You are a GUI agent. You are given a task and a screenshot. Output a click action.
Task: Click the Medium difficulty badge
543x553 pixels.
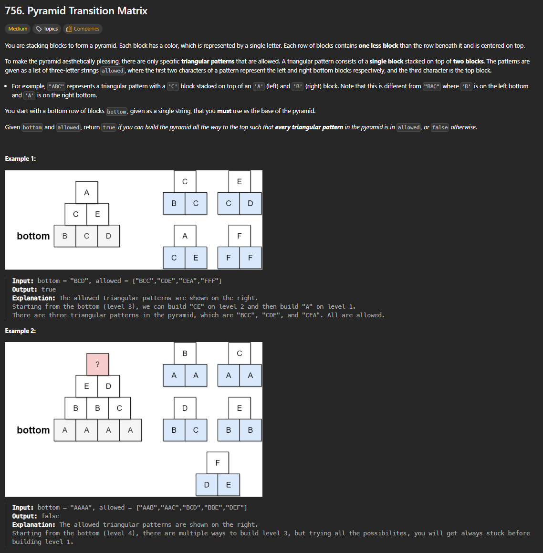(18, 29)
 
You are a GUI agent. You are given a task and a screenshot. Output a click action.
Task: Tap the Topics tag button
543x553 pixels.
(47, 29)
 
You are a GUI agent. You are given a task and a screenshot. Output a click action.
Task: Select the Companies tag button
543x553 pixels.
(83, 29)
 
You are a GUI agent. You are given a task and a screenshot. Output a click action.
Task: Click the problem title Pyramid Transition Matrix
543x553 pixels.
(76, 10)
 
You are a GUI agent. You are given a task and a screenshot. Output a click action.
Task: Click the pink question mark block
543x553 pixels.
(98, 365)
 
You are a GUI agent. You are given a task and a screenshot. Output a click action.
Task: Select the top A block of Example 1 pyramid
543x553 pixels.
(87, 193)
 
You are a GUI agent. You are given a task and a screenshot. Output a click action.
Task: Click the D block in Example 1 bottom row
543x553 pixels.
(109, 236)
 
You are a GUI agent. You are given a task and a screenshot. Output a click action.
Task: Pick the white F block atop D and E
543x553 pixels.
(218, 463)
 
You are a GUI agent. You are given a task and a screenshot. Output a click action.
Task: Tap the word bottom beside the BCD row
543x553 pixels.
(33, 236)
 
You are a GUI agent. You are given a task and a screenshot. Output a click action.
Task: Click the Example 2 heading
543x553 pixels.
(21, 331)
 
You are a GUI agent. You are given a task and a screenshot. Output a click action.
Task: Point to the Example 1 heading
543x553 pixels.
(21, 159)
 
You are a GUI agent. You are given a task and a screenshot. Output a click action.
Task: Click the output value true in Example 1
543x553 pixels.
(49, 290)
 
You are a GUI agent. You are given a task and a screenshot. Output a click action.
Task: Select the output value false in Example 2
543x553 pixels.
(51, 516)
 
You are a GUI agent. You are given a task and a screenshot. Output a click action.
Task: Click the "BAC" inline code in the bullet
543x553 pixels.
(432, 86)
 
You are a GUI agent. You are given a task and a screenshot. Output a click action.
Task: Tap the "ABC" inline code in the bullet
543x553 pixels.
(56, 86)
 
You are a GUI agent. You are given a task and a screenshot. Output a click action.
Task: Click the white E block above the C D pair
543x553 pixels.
(240, 182)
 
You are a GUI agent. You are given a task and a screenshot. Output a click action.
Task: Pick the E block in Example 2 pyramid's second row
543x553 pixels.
(87, 386)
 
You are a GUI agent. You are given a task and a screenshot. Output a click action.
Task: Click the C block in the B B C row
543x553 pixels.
(120, 408)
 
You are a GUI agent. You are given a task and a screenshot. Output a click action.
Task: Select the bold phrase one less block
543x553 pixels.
(378, 45)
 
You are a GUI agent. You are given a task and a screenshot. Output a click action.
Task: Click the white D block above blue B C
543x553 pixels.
(185, 408)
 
